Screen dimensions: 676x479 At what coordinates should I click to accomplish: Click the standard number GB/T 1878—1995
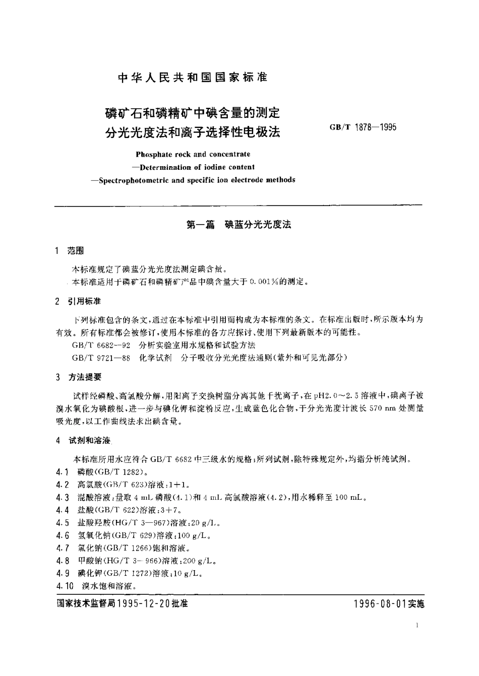point(363,127)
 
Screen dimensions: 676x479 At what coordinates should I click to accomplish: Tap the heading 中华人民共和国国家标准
point(192,77)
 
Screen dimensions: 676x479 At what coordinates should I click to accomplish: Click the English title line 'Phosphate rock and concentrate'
point(193,154)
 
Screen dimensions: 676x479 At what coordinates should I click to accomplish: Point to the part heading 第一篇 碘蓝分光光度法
point(239,225)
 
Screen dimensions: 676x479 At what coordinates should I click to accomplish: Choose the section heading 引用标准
point(84,301)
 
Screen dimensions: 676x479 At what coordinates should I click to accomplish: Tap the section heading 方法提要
point(84,377)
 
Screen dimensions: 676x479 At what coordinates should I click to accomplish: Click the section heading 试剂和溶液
point(89,440)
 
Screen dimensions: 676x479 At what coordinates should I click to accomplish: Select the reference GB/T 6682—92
point(102,345)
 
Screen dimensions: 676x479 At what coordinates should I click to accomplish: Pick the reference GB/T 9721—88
point(102,358)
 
